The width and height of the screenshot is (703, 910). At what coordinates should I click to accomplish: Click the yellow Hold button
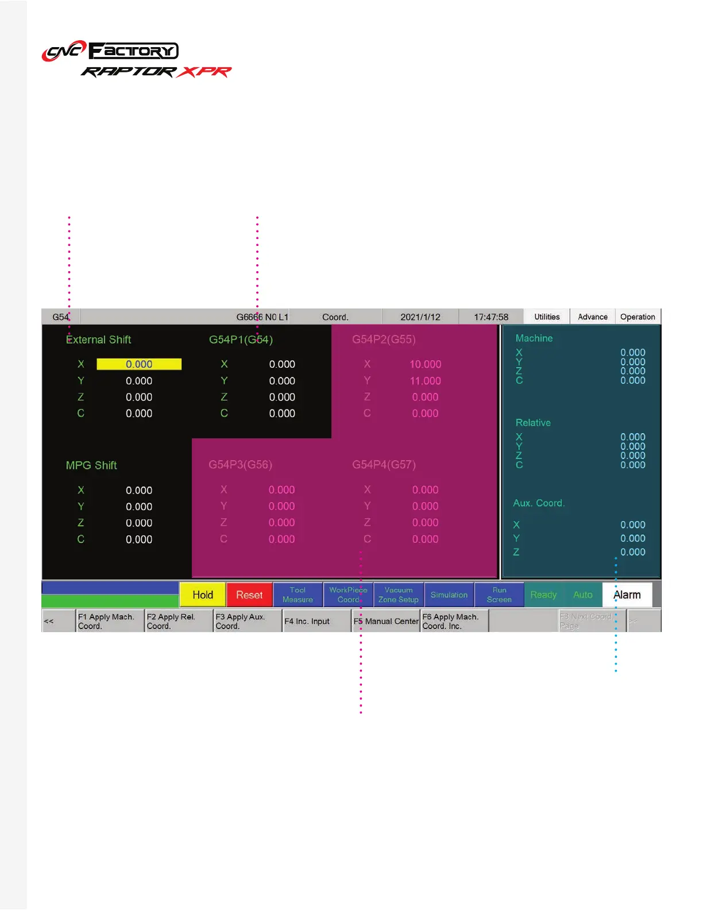click(x=203, y=595)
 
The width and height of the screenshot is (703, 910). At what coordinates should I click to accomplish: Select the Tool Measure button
click(x=298, y=595)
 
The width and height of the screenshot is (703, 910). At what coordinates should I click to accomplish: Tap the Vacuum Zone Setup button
click(x=399, y=595)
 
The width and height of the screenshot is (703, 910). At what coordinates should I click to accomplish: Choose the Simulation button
click(x=449, y=595)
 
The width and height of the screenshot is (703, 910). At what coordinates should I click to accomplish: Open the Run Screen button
click(x=499, y=595)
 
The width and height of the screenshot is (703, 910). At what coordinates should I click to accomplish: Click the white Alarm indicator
click(x=627, y=595)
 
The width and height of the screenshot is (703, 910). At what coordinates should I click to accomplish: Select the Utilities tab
click(x=547, y=317)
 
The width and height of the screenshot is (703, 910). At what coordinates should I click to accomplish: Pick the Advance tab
click(x=593, y=317)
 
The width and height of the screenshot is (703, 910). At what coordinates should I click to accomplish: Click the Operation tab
click(x=638, y=317)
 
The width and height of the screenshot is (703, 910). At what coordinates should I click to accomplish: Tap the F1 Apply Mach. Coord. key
click(x=110, y=622)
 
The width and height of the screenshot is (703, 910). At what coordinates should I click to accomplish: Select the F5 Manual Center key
click(x=386, y=622)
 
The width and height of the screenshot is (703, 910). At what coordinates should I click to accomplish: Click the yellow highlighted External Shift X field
click(x=139, y=364)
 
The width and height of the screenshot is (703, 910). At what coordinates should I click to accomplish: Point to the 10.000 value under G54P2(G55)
click(x=425, y=364)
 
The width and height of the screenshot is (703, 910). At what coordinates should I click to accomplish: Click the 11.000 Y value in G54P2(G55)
click(x=425, y=381)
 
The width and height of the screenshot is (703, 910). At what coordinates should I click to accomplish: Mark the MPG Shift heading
click(x=91, y=465)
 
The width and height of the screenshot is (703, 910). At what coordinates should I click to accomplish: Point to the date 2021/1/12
click(x=420, y=317)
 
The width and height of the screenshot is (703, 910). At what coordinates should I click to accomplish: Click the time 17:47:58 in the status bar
click(x=491, y=317)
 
